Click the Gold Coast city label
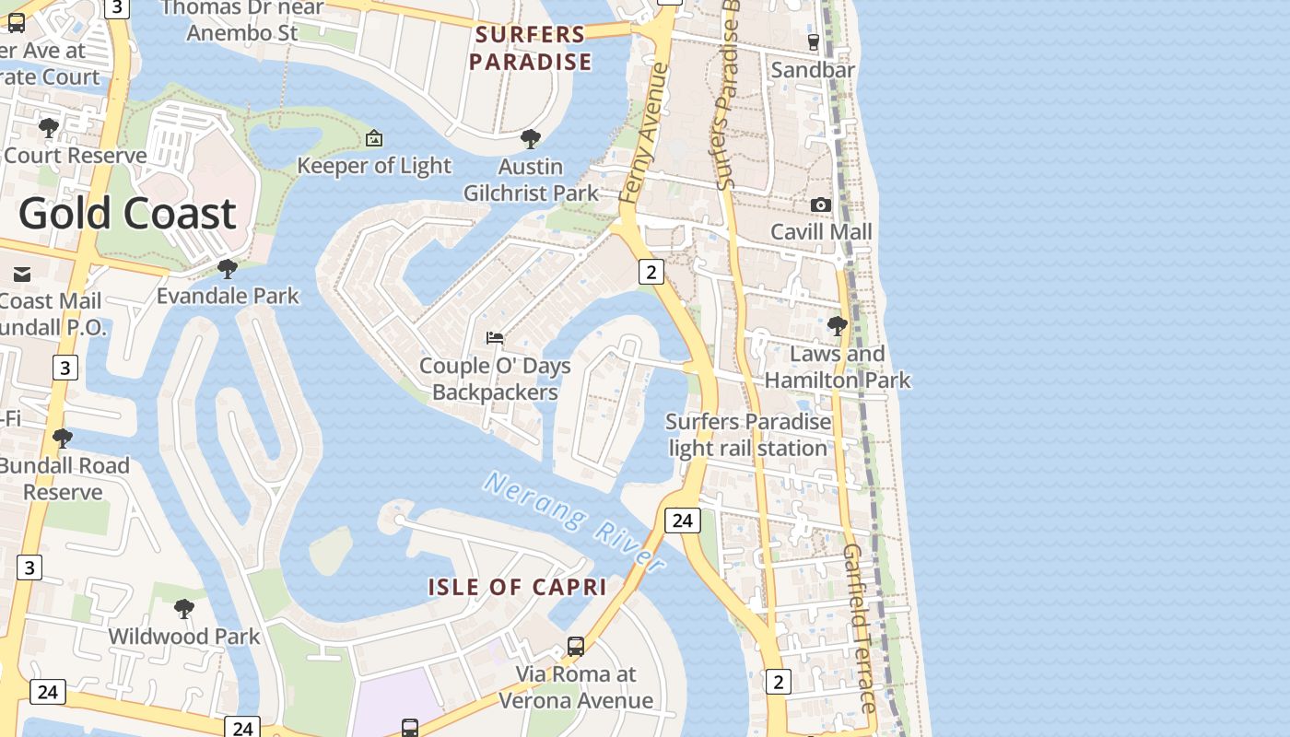127,213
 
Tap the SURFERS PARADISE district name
530,49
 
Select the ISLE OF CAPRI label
517,587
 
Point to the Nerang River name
574,521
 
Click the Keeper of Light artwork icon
374,138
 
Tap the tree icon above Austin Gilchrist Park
530,139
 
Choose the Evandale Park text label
228,296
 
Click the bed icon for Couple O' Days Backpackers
495,338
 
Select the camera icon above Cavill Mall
820,205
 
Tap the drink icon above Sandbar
813,41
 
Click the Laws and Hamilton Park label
838,367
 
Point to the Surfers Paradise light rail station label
747,435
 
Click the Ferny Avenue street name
643,133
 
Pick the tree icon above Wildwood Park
184,609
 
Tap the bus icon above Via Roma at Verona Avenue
576,647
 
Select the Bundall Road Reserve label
64,478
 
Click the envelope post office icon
22,274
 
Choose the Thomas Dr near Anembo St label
242,20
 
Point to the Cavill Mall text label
821,231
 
